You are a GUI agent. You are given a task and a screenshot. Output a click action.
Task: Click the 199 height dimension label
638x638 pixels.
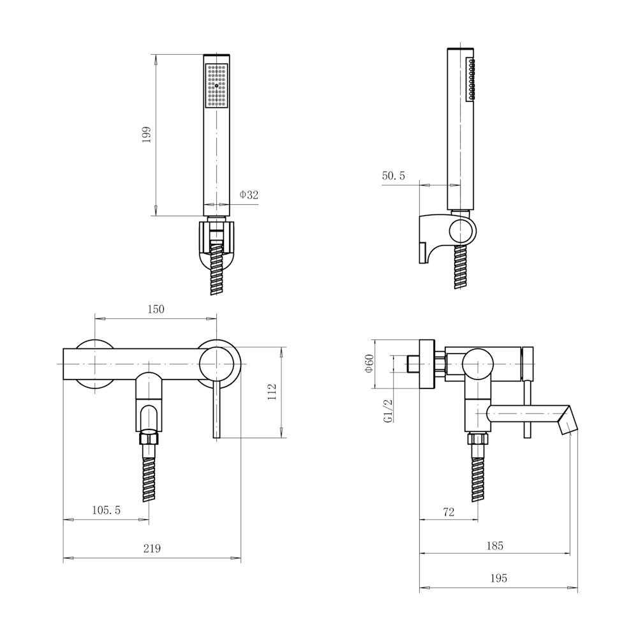(x=147, y=134)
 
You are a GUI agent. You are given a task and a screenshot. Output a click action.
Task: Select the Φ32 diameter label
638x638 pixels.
(x=249, y=195)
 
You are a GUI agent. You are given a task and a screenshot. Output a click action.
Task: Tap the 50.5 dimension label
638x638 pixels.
(x=394, y=176)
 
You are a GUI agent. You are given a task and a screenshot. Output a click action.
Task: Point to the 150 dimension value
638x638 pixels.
(x=156, y=309)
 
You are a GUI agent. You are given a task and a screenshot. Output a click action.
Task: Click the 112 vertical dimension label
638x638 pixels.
(x=272, y=392)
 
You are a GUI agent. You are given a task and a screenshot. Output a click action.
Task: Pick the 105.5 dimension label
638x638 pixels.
(x=106, y=510)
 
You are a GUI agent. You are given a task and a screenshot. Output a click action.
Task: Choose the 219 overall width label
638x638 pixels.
(x=152, y=549)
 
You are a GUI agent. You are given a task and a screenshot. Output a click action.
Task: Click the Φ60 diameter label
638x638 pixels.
(x=369, y=364)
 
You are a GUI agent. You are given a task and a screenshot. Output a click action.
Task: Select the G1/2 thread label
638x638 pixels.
(x=388, y=411)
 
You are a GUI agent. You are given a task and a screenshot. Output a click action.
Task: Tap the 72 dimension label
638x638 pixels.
(x=449, y=512)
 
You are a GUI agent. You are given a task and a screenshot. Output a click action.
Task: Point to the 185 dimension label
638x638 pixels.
(x=495, y=545)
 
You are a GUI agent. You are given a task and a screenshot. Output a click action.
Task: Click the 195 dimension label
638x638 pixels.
(x=499, y=578)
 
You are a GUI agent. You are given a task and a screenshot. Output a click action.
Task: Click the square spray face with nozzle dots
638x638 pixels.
(x=216, y=85)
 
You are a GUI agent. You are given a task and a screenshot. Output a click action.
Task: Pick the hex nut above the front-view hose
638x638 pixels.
(x=149, y=438)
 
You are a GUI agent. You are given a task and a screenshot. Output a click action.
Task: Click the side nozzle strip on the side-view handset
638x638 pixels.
(x=470, y=79)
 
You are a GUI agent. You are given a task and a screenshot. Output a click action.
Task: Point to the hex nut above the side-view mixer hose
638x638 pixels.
(x=478, y=438)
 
